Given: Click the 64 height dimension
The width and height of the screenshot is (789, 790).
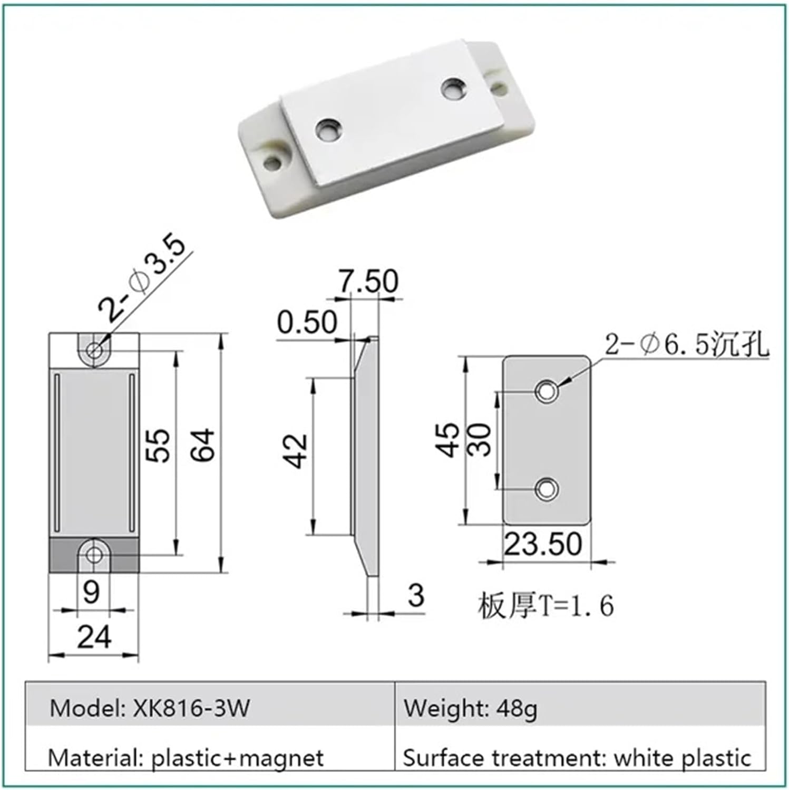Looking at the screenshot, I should [203, 445].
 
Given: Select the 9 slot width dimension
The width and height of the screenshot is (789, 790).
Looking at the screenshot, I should [91, 592].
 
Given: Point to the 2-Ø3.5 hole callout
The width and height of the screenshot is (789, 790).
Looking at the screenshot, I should [143, 280].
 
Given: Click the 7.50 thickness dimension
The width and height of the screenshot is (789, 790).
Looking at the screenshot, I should [368, 281].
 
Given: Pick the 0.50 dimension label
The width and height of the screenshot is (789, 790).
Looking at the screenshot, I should [307, 322].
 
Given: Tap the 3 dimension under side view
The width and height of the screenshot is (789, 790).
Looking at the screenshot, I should [416, 596].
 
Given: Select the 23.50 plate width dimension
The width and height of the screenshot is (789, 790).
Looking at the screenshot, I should [543, 545].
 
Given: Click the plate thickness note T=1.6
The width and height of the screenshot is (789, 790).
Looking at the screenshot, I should [546, 606].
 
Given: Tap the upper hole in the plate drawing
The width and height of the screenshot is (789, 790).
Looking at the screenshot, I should [547, 391].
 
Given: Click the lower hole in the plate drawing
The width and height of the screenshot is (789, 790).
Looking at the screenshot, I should [547, 489].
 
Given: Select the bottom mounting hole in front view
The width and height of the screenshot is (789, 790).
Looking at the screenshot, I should [94, 555].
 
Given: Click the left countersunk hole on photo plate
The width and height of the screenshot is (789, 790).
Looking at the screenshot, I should [328, 129].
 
